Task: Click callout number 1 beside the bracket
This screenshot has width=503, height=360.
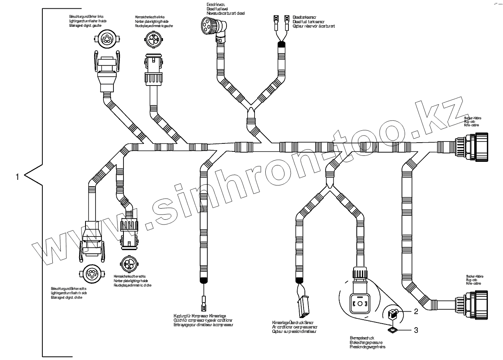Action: [17, 176]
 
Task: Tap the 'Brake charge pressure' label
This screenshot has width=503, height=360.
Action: [366, 342]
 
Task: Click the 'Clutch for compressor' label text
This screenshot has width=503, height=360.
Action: [203, 320]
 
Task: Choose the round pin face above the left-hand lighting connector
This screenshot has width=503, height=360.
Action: [106, 40]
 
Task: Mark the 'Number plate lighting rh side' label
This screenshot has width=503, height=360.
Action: [132, 281]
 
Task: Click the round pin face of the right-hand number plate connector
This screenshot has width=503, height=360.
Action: [130, 264]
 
